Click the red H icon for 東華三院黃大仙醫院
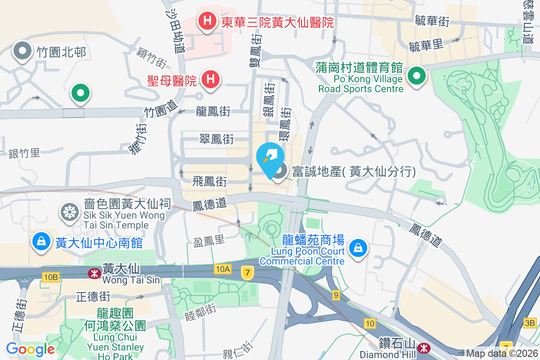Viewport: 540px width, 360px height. (207, 21)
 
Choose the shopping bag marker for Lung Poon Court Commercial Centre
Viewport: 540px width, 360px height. (358, 247)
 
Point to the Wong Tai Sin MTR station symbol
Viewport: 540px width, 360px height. (94, 273)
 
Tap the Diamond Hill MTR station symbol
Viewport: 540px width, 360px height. (423, 348)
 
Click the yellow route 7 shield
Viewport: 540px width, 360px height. (246, 272)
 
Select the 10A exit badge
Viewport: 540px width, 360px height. (222, 269)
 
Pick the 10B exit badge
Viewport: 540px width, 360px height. (51, 276)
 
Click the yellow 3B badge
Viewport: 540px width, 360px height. (530, 322)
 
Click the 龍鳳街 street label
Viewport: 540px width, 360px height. (213, 112)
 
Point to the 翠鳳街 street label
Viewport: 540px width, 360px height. (216, 139)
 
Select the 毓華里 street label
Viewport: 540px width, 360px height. (426, 45)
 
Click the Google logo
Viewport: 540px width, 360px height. (30, 349)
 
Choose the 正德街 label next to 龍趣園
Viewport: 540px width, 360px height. (93, 297)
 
